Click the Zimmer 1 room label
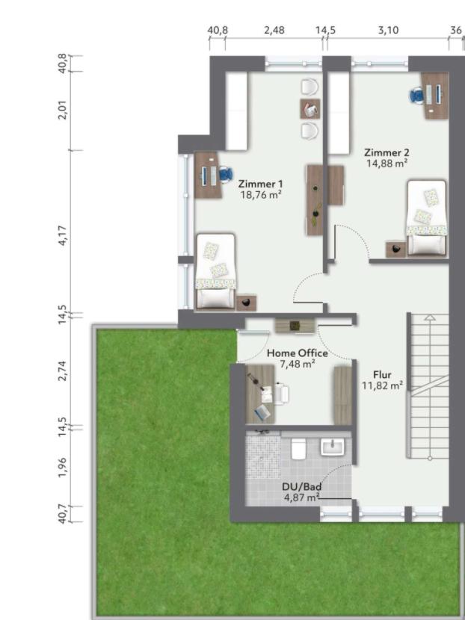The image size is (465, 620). click(260, 184)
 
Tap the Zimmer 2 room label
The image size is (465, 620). click(387, 152)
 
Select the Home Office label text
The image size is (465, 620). click(298, 353)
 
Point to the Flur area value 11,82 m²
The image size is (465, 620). click(382, 385)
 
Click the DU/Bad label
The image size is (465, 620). click(301, 487)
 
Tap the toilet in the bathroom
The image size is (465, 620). click(298, 449)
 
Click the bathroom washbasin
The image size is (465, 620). click(333, 447)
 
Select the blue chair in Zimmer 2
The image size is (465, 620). click(416, 96)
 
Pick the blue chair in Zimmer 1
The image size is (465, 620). click(226, 174)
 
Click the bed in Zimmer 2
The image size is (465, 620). click(427, 217)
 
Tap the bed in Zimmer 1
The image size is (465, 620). click(216, 271)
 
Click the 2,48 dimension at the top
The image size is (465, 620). click(274, 30)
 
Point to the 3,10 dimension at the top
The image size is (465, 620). click(388, 30)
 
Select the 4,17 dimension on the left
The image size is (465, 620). click(63, 235)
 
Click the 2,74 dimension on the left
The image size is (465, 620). click(63, 371)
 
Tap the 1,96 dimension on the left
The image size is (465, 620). click(63, 467)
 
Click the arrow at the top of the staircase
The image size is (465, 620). click(430, 317)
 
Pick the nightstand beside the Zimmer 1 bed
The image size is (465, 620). click(247, 303)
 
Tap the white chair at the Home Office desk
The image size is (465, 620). click(282, 394)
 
